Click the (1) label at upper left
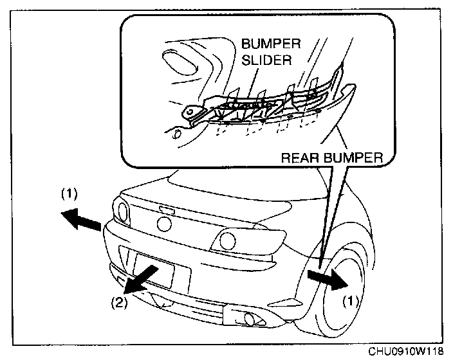point(70,192)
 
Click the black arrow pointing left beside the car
point(82,220)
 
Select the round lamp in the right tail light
point(226,241)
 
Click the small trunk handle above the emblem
point(166,210)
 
